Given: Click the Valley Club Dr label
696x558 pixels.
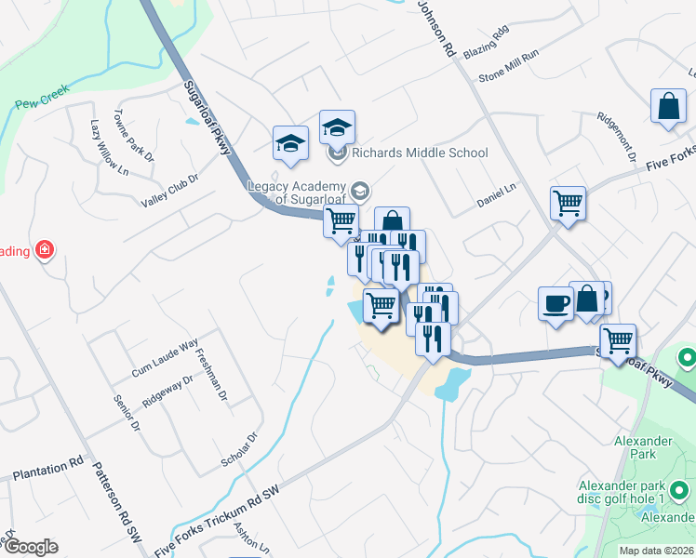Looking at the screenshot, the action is tap(170, 191).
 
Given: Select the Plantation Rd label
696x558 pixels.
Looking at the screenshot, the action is tap(47, 471).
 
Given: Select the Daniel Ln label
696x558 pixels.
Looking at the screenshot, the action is tap(496, 196).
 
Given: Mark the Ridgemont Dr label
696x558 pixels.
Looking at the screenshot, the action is tap(616, 135).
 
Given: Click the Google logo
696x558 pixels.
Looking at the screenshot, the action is tap(32, 546).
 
